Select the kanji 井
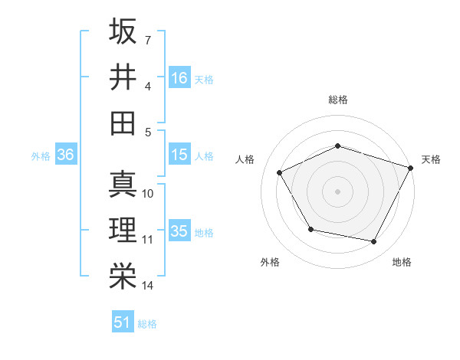coord(123,77)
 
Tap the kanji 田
coord(123,123)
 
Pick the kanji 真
coord(123,184)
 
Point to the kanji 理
coord(123,230)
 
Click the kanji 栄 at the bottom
coord(123,276)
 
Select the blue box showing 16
coord(179,77)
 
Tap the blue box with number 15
coord(179,155)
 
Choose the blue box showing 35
coord(179,231)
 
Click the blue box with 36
coord(65,155)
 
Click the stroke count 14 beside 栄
coord(148,286)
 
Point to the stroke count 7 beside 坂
coord(148,39)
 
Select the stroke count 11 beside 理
coord(148,240)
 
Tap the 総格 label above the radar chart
coord(338,100)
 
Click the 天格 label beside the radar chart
coord(431,159)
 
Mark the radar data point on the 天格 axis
coord(412,167)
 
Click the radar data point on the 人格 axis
coord(280,173)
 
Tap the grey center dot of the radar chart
coord(337,191)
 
